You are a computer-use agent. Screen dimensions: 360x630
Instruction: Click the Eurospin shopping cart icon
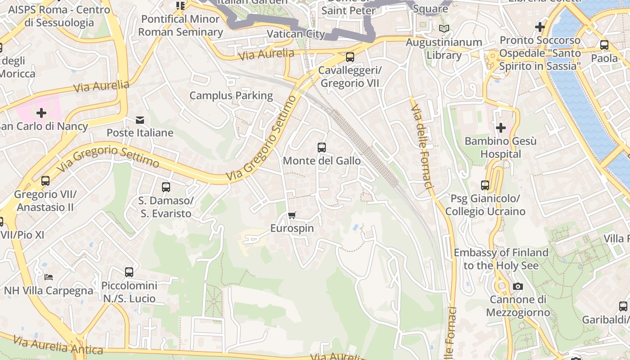pos(292,215)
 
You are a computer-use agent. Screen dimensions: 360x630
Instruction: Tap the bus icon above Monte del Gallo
pos(321,147)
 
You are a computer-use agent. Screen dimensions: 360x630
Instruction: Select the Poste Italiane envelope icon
pos(140,120)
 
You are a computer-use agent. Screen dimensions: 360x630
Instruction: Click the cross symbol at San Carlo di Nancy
pos(41,112)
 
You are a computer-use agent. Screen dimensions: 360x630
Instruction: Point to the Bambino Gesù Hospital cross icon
pos(500,128)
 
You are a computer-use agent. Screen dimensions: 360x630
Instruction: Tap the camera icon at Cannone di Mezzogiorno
pos(518,286)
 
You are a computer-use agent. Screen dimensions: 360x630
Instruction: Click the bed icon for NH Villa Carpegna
pos(49,277)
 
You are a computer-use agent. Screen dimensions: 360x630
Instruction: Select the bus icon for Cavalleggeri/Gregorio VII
pos(350,57)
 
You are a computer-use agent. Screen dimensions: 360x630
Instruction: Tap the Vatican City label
pos(296,34)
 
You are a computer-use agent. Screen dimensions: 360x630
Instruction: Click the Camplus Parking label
pos(231,95)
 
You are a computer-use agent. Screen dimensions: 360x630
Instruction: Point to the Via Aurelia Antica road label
pos(58,345)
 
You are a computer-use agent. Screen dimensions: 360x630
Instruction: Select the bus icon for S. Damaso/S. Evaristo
pos(166,187)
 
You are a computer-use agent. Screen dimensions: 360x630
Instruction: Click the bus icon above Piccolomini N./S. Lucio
pos(129,272)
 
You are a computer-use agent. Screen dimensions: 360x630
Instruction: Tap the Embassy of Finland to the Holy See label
pos(501,259)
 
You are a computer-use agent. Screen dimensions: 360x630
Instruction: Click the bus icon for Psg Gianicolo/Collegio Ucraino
pos(485,185)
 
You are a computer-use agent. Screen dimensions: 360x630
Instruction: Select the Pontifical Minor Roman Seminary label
pos(180,25)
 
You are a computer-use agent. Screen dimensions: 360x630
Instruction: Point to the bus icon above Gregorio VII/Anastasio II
pos(45,181)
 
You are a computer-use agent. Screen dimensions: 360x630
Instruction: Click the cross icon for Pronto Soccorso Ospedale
pos(540,27)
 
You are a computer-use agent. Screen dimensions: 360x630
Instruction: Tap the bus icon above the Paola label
pos(604,45)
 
